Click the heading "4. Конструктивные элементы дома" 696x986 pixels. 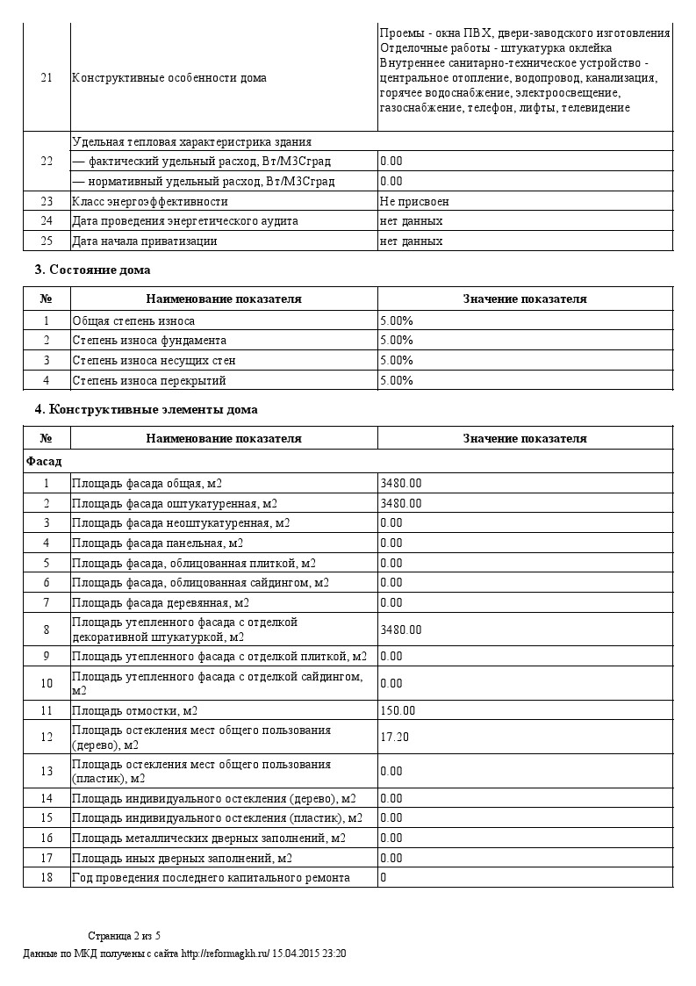[146, 409]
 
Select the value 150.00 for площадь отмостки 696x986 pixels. [398, 710]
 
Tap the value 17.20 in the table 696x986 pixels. [394, 737]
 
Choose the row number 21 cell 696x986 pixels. [47, 77]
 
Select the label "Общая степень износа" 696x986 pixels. [133, 320]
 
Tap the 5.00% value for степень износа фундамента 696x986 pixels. [396, 340]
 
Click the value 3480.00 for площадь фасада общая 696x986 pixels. [400, 483]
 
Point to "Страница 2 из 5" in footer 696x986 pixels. [125, 936]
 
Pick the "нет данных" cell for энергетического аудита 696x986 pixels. [411, 221]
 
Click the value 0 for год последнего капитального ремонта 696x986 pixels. [384, 877]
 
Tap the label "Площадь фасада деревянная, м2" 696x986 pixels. [160, 602]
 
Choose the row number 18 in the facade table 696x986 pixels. [47, 877]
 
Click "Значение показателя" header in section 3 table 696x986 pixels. [525, 299]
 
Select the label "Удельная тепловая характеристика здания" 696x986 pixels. [191, 141]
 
